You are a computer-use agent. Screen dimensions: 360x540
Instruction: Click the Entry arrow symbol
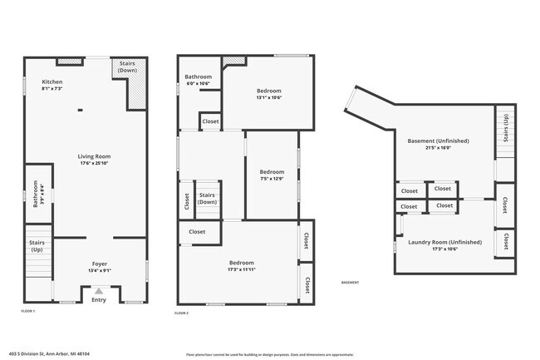pyautogui.click(x=99, y=291)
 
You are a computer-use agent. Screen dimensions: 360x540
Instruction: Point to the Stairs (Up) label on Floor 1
pyautogui.click(x=37, y=247)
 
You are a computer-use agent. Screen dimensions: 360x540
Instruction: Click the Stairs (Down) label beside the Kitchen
pyautogui.click(x=128, y=67)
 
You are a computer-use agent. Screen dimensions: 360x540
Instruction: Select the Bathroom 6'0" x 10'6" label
pyautogui.click(x=198, y=80)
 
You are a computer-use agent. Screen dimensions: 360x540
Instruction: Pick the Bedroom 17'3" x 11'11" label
pyautogui.click(x=242, y=265)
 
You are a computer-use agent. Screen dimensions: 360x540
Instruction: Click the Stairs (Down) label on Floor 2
pyautogui.click(x=207, y=198)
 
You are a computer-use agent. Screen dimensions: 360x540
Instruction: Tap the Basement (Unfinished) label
pyautogui.click(x=440, y=144)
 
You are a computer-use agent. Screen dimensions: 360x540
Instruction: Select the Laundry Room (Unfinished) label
pyautogui.click(x=444, y=244)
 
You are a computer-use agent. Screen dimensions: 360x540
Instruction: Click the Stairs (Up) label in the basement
pyautogui.click(x=505, y=131)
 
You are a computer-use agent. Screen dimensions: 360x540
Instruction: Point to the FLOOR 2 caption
pyautogui.click(x=182, y=313)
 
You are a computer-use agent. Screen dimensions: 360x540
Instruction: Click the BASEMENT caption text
pyautogui.click(x=350, y=283)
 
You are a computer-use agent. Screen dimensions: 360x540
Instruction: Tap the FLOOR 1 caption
pyautogui.click(x=28, y=310)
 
